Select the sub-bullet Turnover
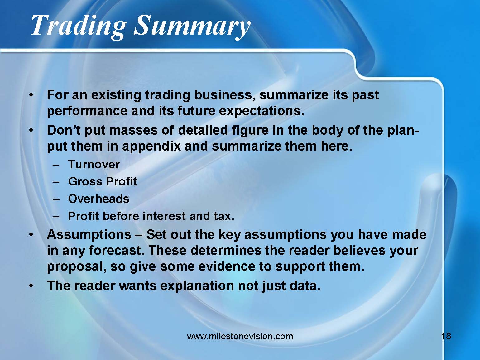pyautogui.click(x=94, y=164)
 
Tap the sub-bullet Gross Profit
pyautogui.click(x=102, y=181)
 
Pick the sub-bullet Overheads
pyautogui.click(x=98, y=199)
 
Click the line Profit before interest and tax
pyautogui.click(x=151, y=216)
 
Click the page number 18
pyautogui.click(x=446, y=336)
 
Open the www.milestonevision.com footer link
pyautogui.click(x=240, y=336)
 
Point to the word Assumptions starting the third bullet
pyautogui.click(x=89, y=234)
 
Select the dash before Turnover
pyautogui.click(x=56, y=164)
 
